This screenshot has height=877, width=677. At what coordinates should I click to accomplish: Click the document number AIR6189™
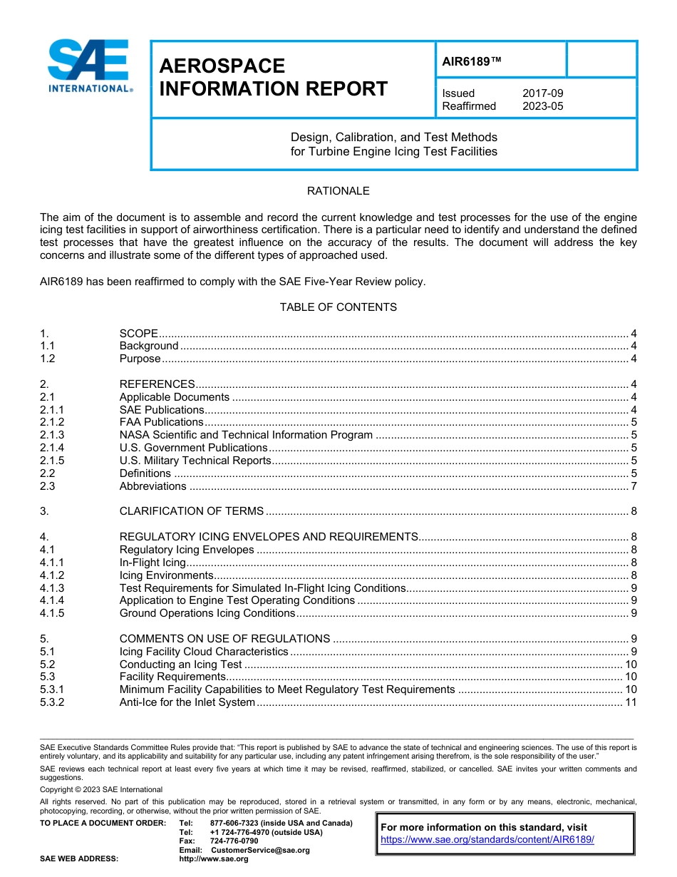[x=472, y=62]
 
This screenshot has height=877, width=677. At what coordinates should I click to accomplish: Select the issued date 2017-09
[x=542, y=93]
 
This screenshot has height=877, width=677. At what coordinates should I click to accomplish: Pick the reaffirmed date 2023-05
[x=542, y=106]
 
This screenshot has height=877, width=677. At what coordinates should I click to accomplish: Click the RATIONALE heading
[x=338, y=191]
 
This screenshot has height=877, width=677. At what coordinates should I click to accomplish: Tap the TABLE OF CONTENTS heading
[x=338, y=307]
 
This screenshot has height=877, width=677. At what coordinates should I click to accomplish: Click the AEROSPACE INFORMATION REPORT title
[x=273, y=78]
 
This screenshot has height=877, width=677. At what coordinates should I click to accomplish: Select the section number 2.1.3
[x=52, y=435]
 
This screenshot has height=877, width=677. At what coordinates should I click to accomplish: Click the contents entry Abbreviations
[x=153, y=486]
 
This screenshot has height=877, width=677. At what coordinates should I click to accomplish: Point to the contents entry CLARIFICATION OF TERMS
[x=191, y=511]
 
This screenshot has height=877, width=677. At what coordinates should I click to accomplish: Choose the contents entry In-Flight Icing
[x=153, y=563]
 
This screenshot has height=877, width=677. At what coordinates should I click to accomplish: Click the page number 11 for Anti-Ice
[x=630, y=702]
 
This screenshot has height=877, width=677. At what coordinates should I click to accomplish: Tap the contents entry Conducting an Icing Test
[x=180, y=665]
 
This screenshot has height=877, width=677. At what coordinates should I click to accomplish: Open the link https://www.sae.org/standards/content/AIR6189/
[x=487, y=839]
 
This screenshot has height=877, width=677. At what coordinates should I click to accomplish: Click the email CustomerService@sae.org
[x=260, y=850]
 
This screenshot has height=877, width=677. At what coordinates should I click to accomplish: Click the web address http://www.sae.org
[x=214, y=859]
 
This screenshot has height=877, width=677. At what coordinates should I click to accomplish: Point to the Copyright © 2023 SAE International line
[x=101, y=789]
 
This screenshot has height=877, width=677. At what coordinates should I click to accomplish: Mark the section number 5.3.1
[x=52, y=689]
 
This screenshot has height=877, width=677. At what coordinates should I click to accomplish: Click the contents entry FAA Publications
[x=161, y=422]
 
